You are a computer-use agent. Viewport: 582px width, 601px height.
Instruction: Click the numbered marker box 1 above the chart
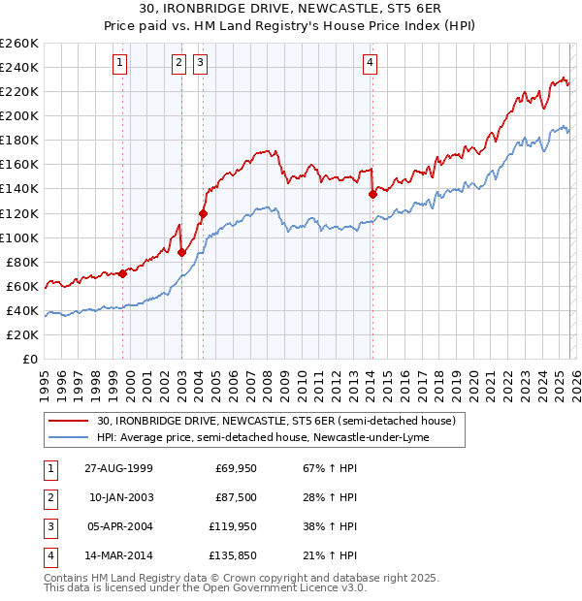coord(119,64)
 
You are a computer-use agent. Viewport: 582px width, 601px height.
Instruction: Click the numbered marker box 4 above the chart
coord(371,64)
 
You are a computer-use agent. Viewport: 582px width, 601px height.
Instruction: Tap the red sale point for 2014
coord(372,194)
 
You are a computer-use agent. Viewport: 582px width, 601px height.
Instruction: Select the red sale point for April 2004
coord(203,213)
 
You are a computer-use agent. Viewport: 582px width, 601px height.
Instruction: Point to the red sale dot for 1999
coord(123,273)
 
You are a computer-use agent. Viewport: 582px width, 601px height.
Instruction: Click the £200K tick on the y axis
coord(19,115)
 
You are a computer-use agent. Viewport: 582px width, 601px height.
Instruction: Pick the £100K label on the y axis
coord(19,237)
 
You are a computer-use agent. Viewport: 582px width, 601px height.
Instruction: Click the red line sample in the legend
coord(69,421)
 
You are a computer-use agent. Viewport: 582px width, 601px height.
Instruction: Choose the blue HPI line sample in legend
coord(69,437)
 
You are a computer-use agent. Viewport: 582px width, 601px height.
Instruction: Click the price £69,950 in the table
coord(236,468)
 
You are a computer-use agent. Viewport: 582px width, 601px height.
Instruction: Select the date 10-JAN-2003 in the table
coord(120,497)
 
